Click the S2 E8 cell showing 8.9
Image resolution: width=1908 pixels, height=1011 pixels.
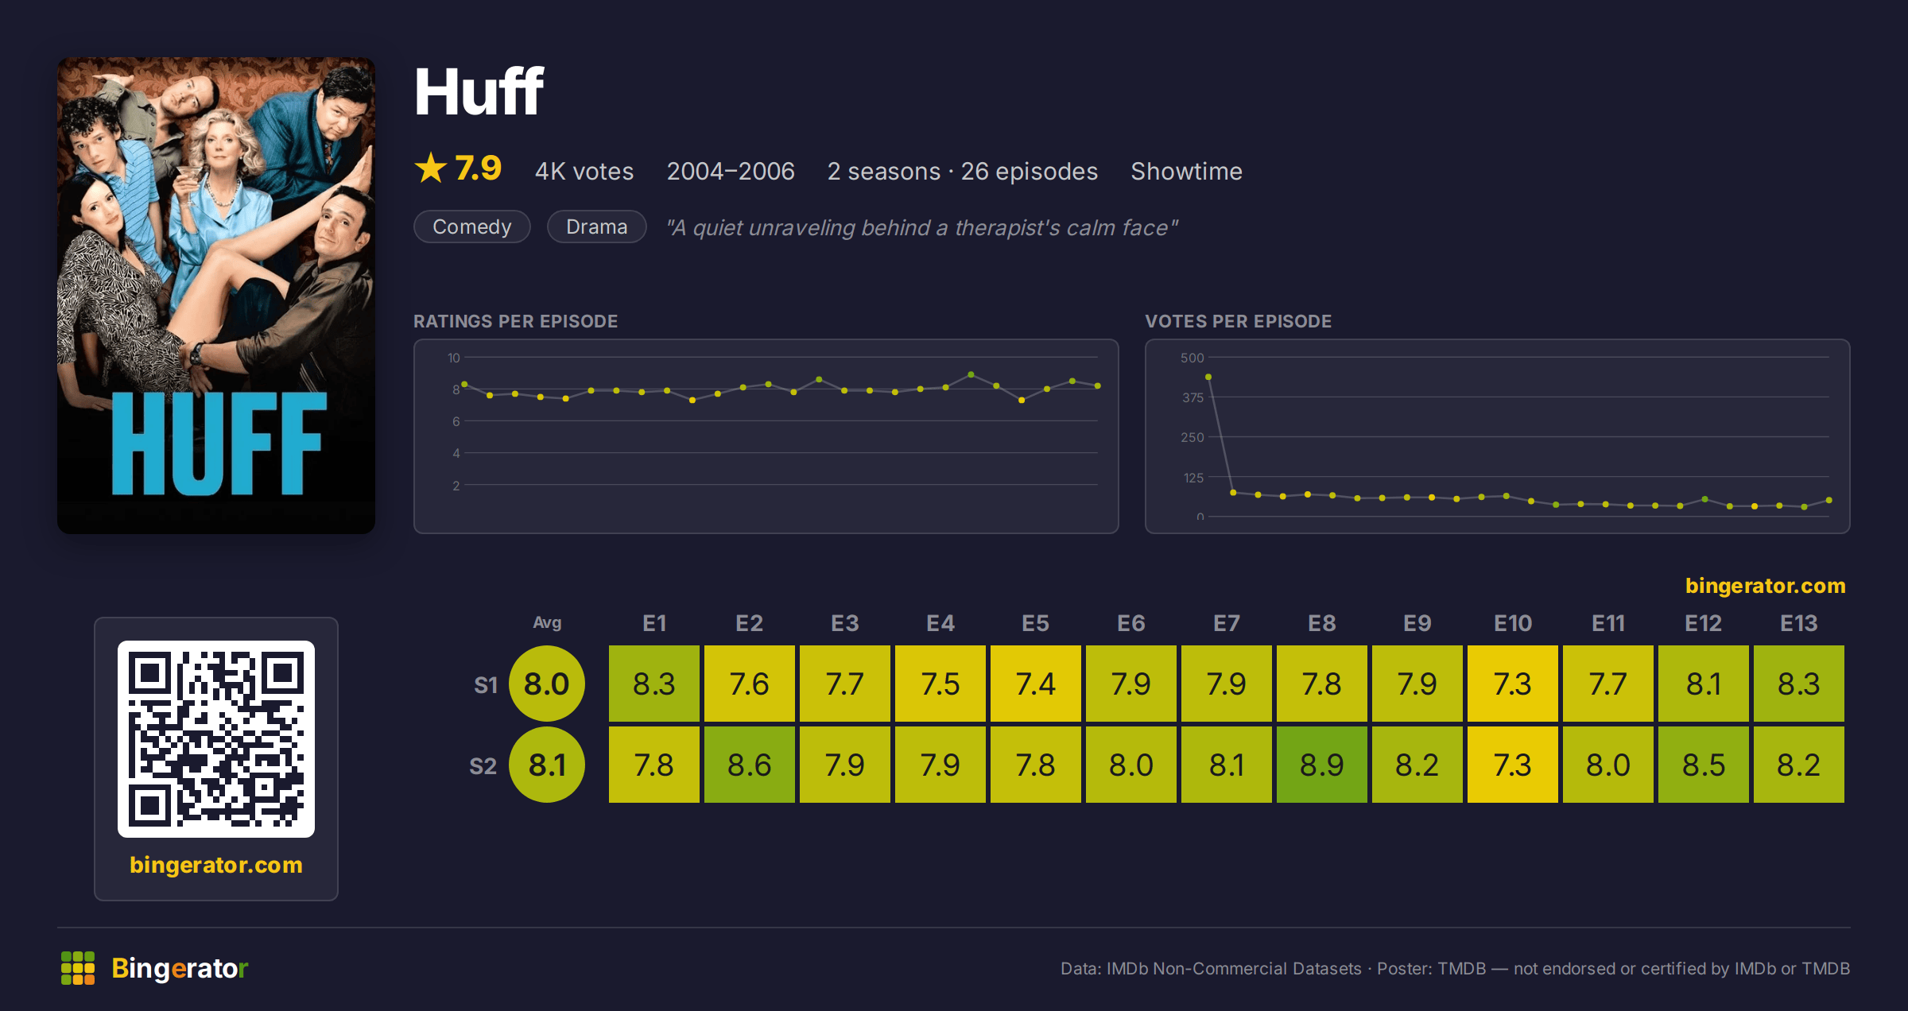pyautogui.click(x=1321, y=765)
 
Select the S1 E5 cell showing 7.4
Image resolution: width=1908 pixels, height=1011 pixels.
pyautogui.click(x=1035, y=684)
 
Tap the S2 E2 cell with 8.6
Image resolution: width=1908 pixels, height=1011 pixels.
pyautogui.click(x=749, y=765)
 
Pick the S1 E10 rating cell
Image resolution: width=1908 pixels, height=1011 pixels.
pyautogui.click(x=1512, y=684)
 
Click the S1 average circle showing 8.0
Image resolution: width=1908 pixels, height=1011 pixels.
pyautogui.click(x=547, y=684)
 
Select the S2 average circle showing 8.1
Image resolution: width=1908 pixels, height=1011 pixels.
pyautogui.click(x=547, y=765)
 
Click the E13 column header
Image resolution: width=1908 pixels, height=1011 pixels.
pyautogui.click(x=1798, y=623)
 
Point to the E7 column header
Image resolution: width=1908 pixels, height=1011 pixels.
pyautogui.click(x=1226, y=623)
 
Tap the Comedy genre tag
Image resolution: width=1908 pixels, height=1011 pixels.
pyautogui.click(x=472, y=227)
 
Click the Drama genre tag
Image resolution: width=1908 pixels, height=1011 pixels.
pyautogui.click(x=597, y=227)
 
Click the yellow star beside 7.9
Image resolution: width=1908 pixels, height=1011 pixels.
pyautogui.click(x=431, y=168)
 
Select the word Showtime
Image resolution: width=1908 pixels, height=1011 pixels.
pyautogui.click(x=1186, y=171)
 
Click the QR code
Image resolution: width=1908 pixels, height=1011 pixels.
pyautogui.click(x=216, y=739)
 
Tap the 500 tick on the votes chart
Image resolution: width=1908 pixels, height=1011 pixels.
pyautogui.click(x=1192, y=358)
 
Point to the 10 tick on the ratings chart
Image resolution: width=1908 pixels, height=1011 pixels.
pyautogui.click(x=454, y=358)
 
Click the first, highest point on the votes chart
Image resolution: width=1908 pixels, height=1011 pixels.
pyautogui.click(x=1208, y=377)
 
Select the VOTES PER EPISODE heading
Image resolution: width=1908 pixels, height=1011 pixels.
pyautogui.click(x=1238, y=321)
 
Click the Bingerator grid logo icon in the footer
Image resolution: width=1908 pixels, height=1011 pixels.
pyautogui.click(x=78, y=968)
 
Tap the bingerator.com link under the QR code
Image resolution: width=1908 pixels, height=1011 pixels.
pyautogui.click(x=216, y=865)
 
